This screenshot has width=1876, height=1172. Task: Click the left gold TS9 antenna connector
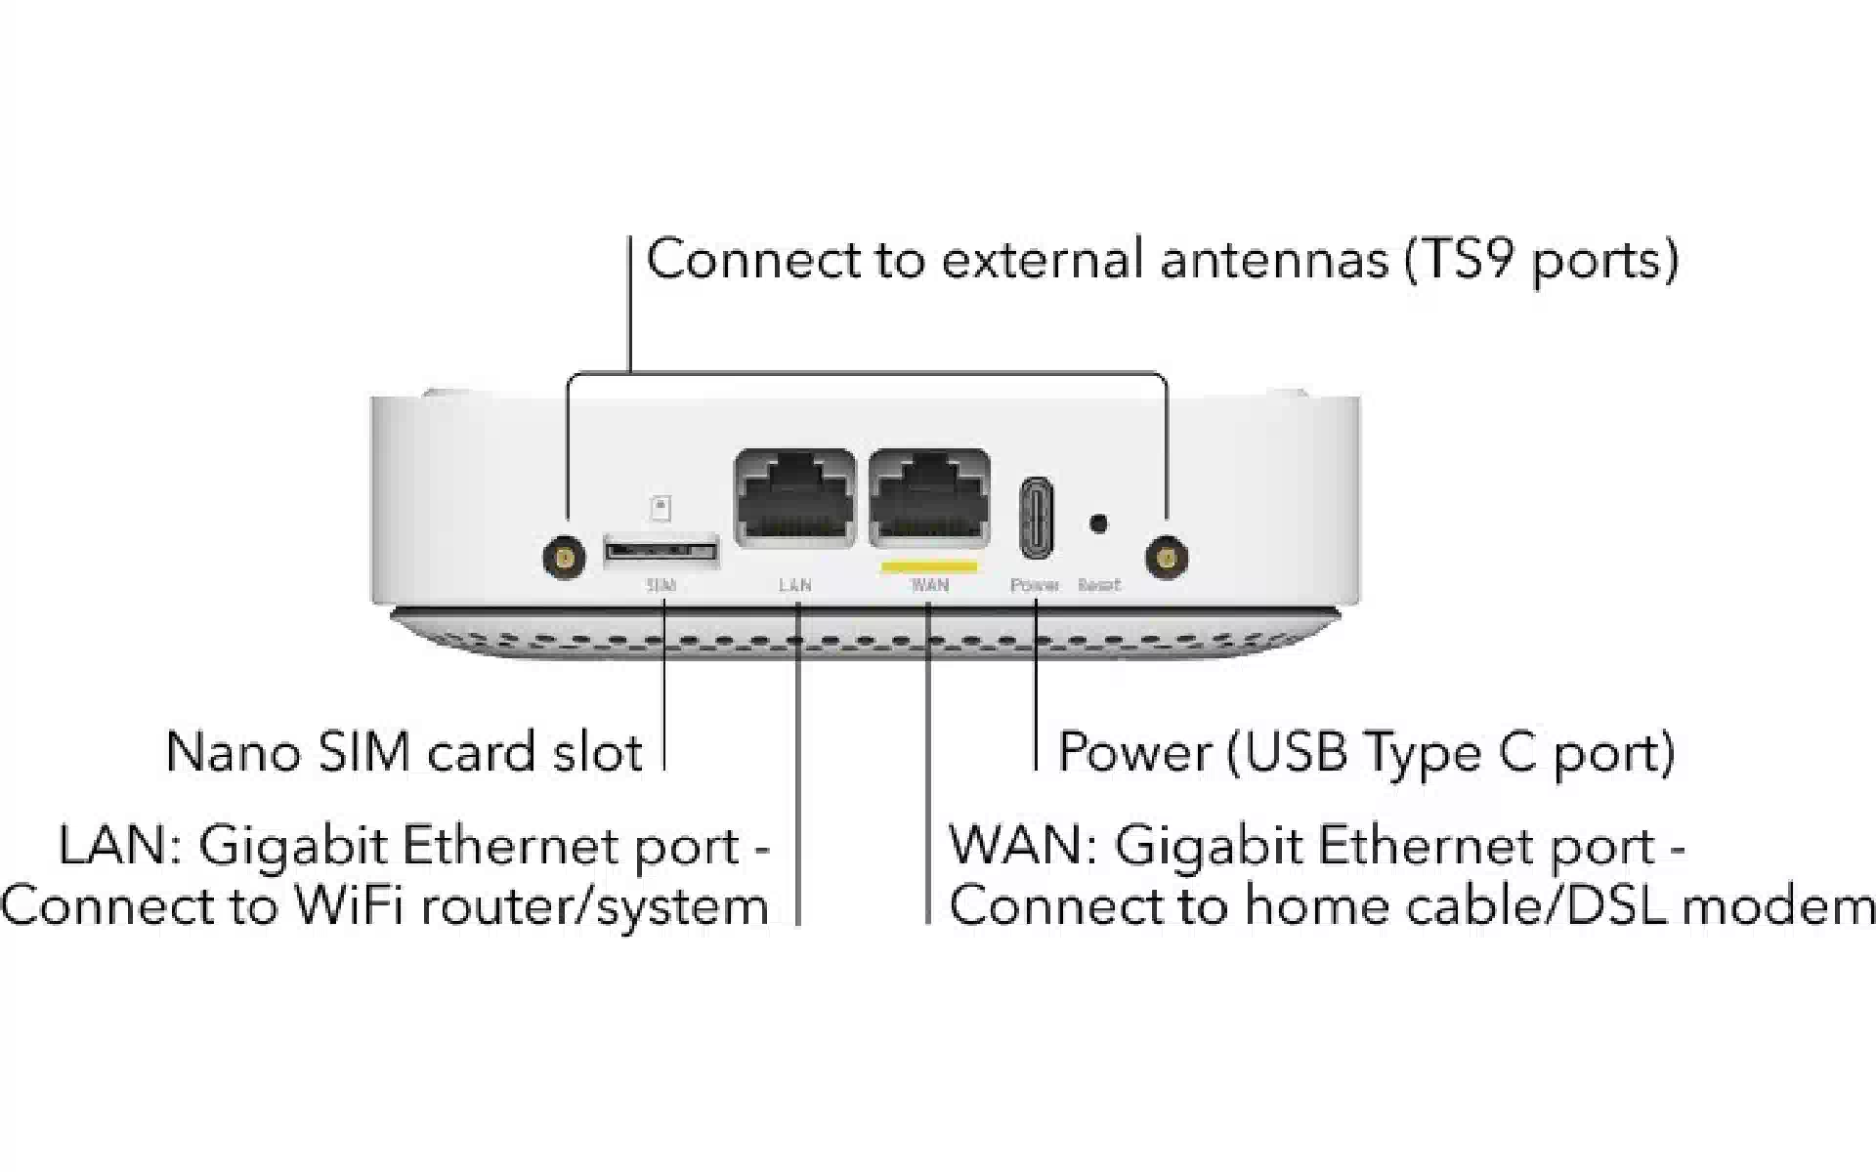tap(564, 559)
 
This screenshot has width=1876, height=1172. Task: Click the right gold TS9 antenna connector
tap(1165, 559)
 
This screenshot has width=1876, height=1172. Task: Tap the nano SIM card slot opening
tap(661, 551)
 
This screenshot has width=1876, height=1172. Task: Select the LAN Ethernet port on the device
tap(794, 498)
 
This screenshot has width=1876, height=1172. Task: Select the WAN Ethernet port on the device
tap(929, 498)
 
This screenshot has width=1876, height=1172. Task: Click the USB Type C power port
tap(1036, 518)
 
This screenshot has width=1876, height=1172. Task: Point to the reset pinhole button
tap(1098, 524)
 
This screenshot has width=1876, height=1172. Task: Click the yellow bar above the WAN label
tap(928, 565)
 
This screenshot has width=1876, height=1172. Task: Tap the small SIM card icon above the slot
tap(661, 508)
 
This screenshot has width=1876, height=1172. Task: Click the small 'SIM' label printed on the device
tap(661, 586)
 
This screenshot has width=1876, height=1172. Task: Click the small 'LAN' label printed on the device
tap(795, 586)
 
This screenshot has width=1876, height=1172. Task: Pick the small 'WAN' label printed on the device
tap(929, 586)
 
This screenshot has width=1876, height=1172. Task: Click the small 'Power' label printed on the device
tap(1035, 586)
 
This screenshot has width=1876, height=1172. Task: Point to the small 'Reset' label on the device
tap(1099, 586)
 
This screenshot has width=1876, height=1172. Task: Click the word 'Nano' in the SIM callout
tap(233, 753)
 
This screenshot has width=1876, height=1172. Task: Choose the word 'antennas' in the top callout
tap(1274, 261)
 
